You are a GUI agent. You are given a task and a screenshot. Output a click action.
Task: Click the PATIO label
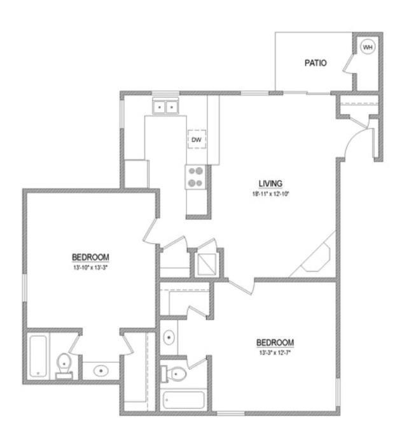(x=316, y=63)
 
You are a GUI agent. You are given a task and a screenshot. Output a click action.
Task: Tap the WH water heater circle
(x=368, y=46)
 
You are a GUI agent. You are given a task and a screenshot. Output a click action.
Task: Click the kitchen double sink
(x=165, y=108)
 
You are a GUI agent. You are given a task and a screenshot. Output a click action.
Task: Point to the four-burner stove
(x=196, y=176)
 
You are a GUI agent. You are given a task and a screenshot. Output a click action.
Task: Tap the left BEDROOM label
(x=90, y=257)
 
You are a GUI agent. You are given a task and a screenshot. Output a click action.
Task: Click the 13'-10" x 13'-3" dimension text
(x=90, y=268)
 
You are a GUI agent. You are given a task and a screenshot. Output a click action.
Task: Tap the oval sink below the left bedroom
(x=101, y=369)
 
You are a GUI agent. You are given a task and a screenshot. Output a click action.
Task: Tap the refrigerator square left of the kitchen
(x=136, y=172)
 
